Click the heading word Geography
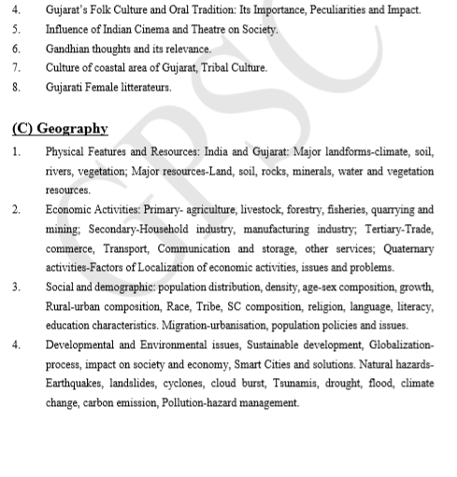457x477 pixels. coord(73,128)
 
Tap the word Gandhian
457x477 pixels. coord(70,49)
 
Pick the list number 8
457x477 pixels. coord(16,86)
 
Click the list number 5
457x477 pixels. coord(16,30)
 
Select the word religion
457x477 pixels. coord(297,307)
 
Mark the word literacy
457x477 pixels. coord(413,307)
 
